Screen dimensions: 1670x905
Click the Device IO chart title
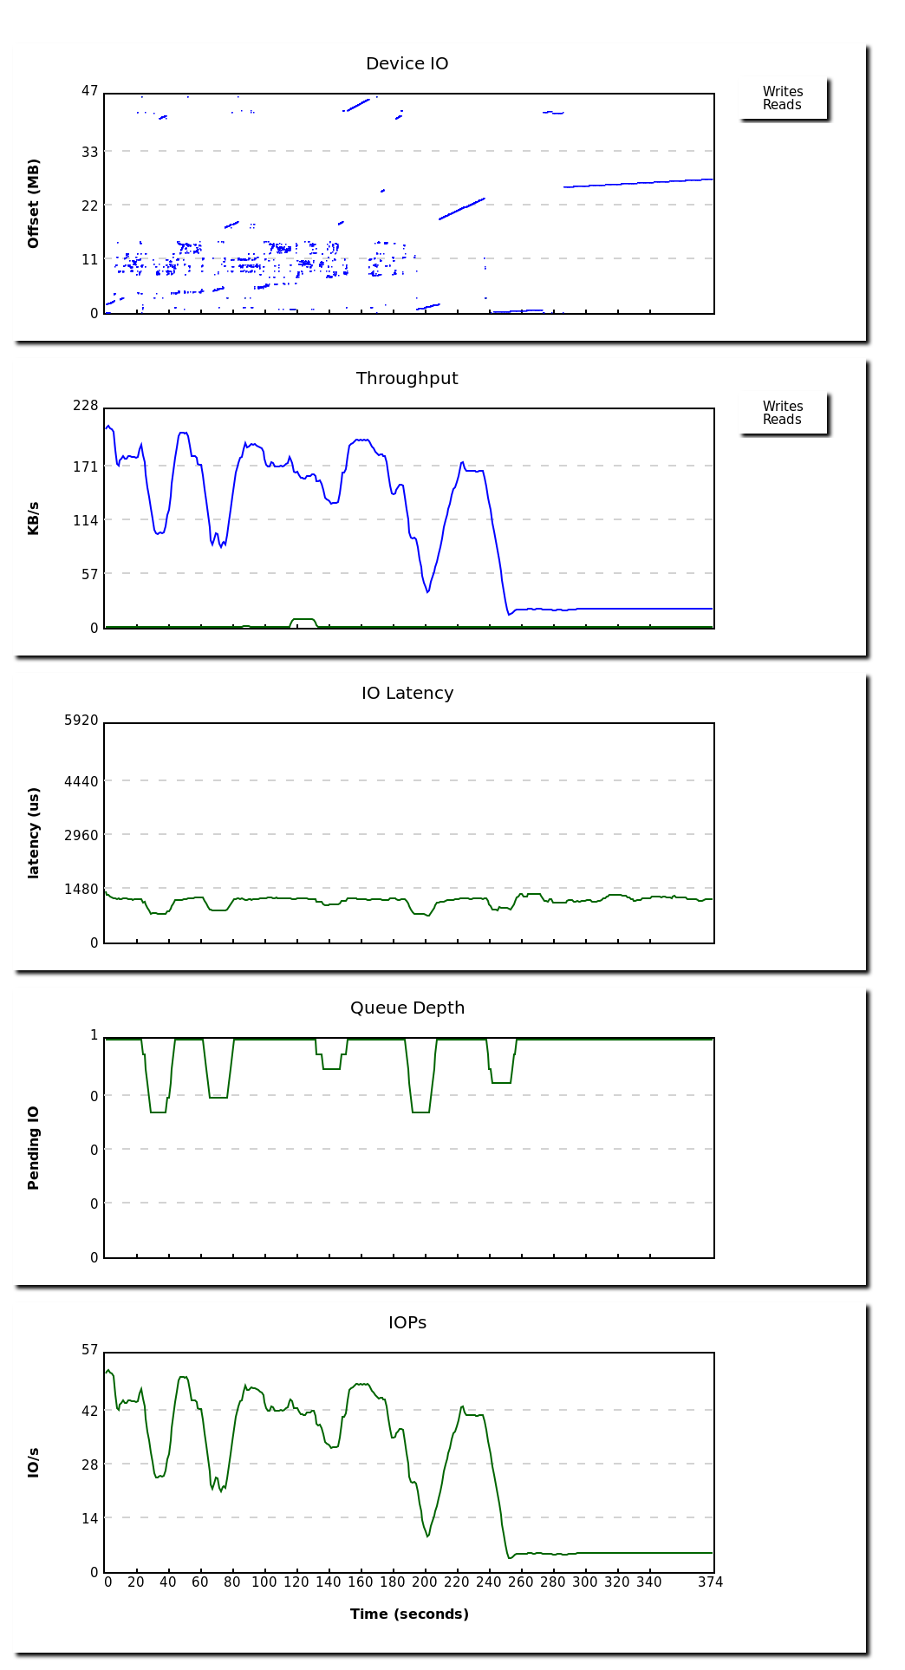tap(407, 64)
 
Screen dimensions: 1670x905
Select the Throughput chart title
tap(407, 379)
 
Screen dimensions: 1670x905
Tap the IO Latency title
tap(407, 694)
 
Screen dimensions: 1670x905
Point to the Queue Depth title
tap(407, 1008)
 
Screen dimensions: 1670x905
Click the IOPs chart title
tap(407, 1323)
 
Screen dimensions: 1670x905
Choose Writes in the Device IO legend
tap(782, 92)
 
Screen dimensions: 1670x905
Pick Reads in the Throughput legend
tap(782, 420)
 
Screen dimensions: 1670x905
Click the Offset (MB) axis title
tap(34, 204)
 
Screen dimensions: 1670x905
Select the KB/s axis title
tap(34, 519)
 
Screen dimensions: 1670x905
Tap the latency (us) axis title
tap(34, 833)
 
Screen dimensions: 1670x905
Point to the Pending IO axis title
tap(34, 1148)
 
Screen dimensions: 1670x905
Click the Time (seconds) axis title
tap(409, 1615)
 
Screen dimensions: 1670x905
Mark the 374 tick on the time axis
tap(710, 1582)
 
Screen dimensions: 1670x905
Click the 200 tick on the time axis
tap(425, 1582)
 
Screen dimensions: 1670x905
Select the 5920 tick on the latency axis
tap(81, 721)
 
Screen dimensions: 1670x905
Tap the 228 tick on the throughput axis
tap(86, 406)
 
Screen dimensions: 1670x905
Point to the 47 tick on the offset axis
tap(89, 91)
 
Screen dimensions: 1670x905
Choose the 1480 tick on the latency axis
tap(81, 890)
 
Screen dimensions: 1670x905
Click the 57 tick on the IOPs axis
tap(89, 1350)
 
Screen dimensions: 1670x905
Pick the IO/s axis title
tap(34, 1463)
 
